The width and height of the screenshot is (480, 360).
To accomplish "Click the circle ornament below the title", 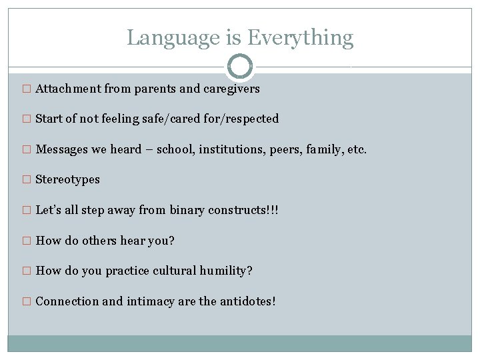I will point(240,67).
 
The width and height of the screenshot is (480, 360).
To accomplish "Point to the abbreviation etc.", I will point(357,149).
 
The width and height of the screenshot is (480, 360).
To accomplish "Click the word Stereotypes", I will point(68,179).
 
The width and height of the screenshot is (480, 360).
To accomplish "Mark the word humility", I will point(225,271).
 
